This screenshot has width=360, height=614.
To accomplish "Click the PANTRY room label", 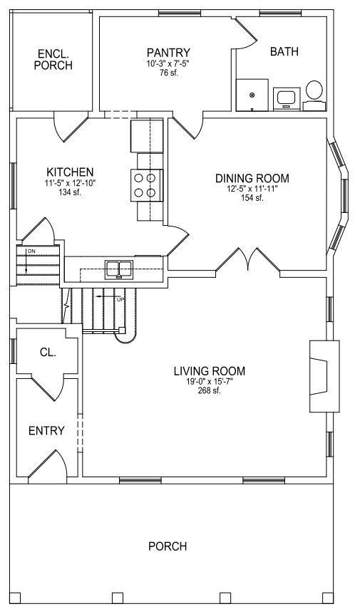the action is pyautogui.click(x=168, y=53).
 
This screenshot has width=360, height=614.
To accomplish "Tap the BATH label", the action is pyautogui.click(x=284, y=51).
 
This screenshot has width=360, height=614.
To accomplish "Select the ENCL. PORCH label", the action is pyautogui.click(x=53, y=59).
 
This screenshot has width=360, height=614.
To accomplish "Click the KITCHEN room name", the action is pyautogui.click(x=70, y=172).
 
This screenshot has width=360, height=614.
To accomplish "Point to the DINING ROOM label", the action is pyautogui.click(x=252, y=179).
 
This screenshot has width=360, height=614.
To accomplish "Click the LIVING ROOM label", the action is pyautogui.click(x=210, y=371).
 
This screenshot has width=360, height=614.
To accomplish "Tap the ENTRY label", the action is pyautogui.click(x=46, y=431).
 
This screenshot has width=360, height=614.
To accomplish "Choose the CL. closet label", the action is pyautogui.click(x=48, y=352).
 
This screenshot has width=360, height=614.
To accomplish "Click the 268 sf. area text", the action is pyautogui.click(x=210, y=390).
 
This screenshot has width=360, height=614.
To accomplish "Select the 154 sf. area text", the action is pyautogui.click(x=252, y=198).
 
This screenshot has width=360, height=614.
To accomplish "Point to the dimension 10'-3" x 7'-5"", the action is pyautogui.click(x=168, y=64).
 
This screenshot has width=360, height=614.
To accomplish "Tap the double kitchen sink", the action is pyautogui.click(x=119, y=269).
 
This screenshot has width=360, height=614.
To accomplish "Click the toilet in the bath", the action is pyautogui.click(x=314, y=95).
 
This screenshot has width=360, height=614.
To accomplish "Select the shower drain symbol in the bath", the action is pyautogui.click(x=252, y=94).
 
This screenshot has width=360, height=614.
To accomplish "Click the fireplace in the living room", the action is pyautogui.click(x=324, y=376).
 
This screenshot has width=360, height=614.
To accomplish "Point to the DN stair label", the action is pyautogui.click(x=31, y=250).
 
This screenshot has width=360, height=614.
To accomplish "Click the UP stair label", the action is pyautogui.click(x=120, y=300).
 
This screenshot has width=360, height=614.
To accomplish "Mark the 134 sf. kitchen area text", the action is pyautogui.click(x=70, y=192).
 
